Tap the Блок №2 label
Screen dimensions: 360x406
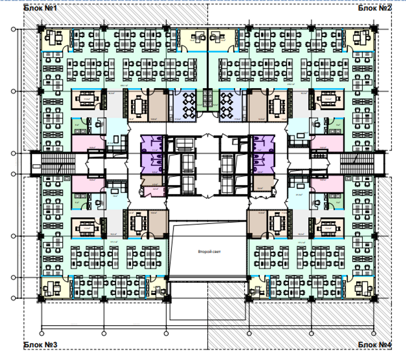pyautogui.click(x=375, y=8)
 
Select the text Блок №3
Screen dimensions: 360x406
pyautogui.click(x=41, y=345)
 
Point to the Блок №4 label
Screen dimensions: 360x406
pyautogui.click(x=375, y=345)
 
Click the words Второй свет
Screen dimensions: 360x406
pyautogui.click(x=209, y=252)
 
